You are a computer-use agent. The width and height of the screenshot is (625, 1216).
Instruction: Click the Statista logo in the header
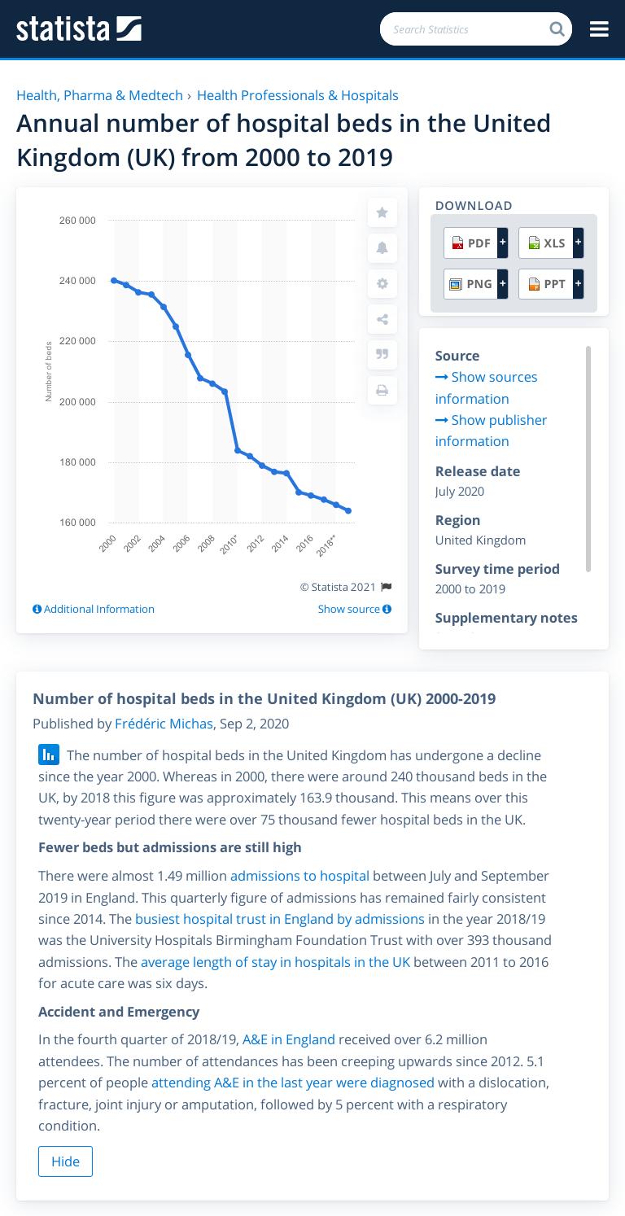[x=79, y=29]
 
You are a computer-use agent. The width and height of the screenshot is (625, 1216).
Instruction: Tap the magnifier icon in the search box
[x=557, y=29]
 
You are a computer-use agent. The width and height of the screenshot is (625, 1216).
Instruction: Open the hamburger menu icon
[x=599, y=29]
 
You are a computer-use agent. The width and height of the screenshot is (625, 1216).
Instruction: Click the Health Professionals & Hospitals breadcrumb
[x=298, y=95]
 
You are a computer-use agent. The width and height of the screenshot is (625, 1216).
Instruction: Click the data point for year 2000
[x=114, y=281]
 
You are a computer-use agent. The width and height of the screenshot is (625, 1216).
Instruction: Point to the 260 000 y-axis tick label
[x=77, y=221]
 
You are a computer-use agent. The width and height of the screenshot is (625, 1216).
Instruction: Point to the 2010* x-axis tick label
[x=229, y=545]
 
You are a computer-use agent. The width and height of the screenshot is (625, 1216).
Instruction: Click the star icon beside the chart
[x=382, y=212]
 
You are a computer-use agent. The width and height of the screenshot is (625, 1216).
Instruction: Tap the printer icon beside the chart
[x=382, y=391]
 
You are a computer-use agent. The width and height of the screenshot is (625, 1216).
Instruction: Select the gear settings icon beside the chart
[x=382, y=284]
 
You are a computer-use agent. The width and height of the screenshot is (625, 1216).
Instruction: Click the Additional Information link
[x=94, y=609]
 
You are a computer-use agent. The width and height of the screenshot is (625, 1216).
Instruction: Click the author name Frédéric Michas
[x=164, y=724]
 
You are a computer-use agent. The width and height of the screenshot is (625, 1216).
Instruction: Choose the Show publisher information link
[x=491, y=431]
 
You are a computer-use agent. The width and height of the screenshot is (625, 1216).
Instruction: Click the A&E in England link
[x=289, y=1039]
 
